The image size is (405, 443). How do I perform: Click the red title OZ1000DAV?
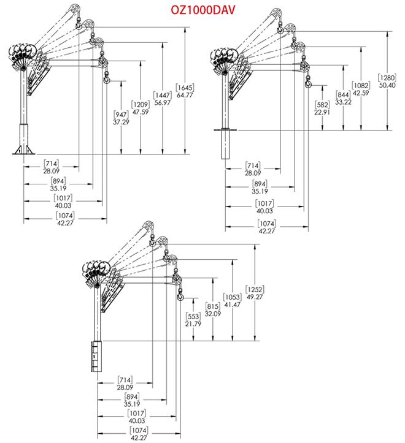click(x=202, y=10)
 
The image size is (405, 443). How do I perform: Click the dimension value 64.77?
click(x=185, y=95)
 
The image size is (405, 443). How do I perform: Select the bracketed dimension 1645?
click(x=185, y=88)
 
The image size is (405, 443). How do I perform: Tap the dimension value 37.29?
click(x=121, y=122)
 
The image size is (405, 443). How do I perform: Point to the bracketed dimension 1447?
click(x=163, y=95)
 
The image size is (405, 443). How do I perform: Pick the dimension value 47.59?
click(x=141, y=112)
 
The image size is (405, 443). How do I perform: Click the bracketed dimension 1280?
click(x=387, y=78)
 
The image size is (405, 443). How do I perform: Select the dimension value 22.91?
click(x=322, y=112)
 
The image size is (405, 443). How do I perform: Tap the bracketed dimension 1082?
click(x=361, y=85)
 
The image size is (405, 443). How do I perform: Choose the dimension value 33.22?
click(x=343, y=102)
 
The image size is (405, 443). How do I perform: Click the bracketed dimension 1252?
click(x=255, y=289)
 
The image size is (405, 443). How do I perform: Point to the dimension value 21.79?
click(x=193, y=324)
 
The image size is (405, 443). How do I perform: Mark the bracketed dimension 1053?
click(x=233, y=297)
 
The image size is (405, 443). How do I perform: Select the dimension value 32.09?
click(x=213, y=314)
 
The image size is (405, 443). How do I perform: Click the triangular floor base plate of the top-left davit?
click(x=24, y=150)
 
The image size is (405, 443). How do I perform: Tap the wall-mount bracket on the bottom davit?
click(x=96, y=356)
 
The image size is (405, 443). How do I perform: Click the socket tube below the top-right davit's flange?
click(x=225, y=144)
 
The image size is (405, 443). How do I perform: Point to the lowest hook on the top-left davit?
click(x=106, y=78)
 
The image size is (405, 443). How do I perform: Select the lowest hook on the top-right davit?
click(x=308, y=83)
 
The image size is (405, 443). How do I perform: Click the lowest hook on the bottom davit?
click(x=180, y=295)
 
